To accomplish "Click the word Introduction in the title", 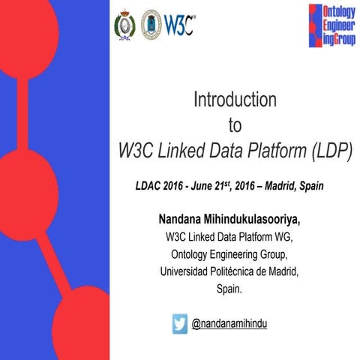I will tap(235, 100).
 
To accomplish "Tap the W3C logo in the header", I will tap(180, 25).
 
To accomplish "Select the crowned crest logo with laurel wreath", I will tap(124, 25).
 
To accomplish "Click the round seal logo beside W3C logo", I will tap(151, 25).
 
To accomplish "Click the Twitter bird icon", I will tap(180, 323).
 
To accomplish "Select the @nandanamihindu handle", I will tap(229, 323).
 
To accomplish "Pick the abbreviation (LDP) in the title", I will tap(326, 149).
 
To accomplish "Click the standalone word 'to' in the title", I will tap(235, 124).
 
